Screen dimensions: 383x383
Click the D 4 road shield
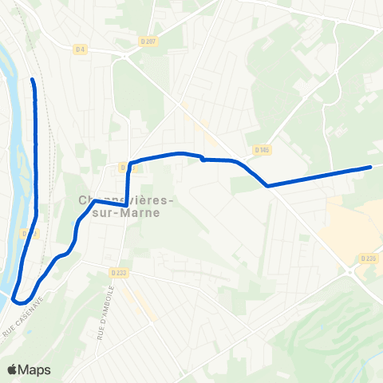[x=80, y=50]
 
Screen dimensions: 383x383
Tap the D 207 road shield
[x=146, y=42]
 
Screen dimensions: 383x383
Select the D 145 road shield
[x=261, y=149]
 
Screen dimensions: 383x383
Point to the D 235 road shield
[x=368, y=258]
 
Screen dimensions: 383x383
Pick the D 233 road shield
[x=119, y=272]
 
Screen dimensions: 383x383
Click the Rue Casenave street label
[x=20, y=326]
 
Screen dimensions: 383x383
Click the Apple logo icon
[x=14, y=369]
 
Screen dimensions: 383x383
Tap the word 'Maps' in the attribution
[x=35, y=369]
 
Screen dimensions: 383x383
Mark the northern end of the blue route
[x=33, y=80]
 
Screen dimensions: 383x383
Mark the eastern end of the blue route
[x=371, y=167]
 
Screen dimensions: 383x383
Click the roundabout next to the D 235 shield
[x=352, y=272]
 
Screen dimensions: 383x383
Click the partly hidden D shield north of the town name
[x=124, y=167]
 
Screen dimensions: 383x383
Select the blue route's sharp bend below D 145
[x=267, y=186]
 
